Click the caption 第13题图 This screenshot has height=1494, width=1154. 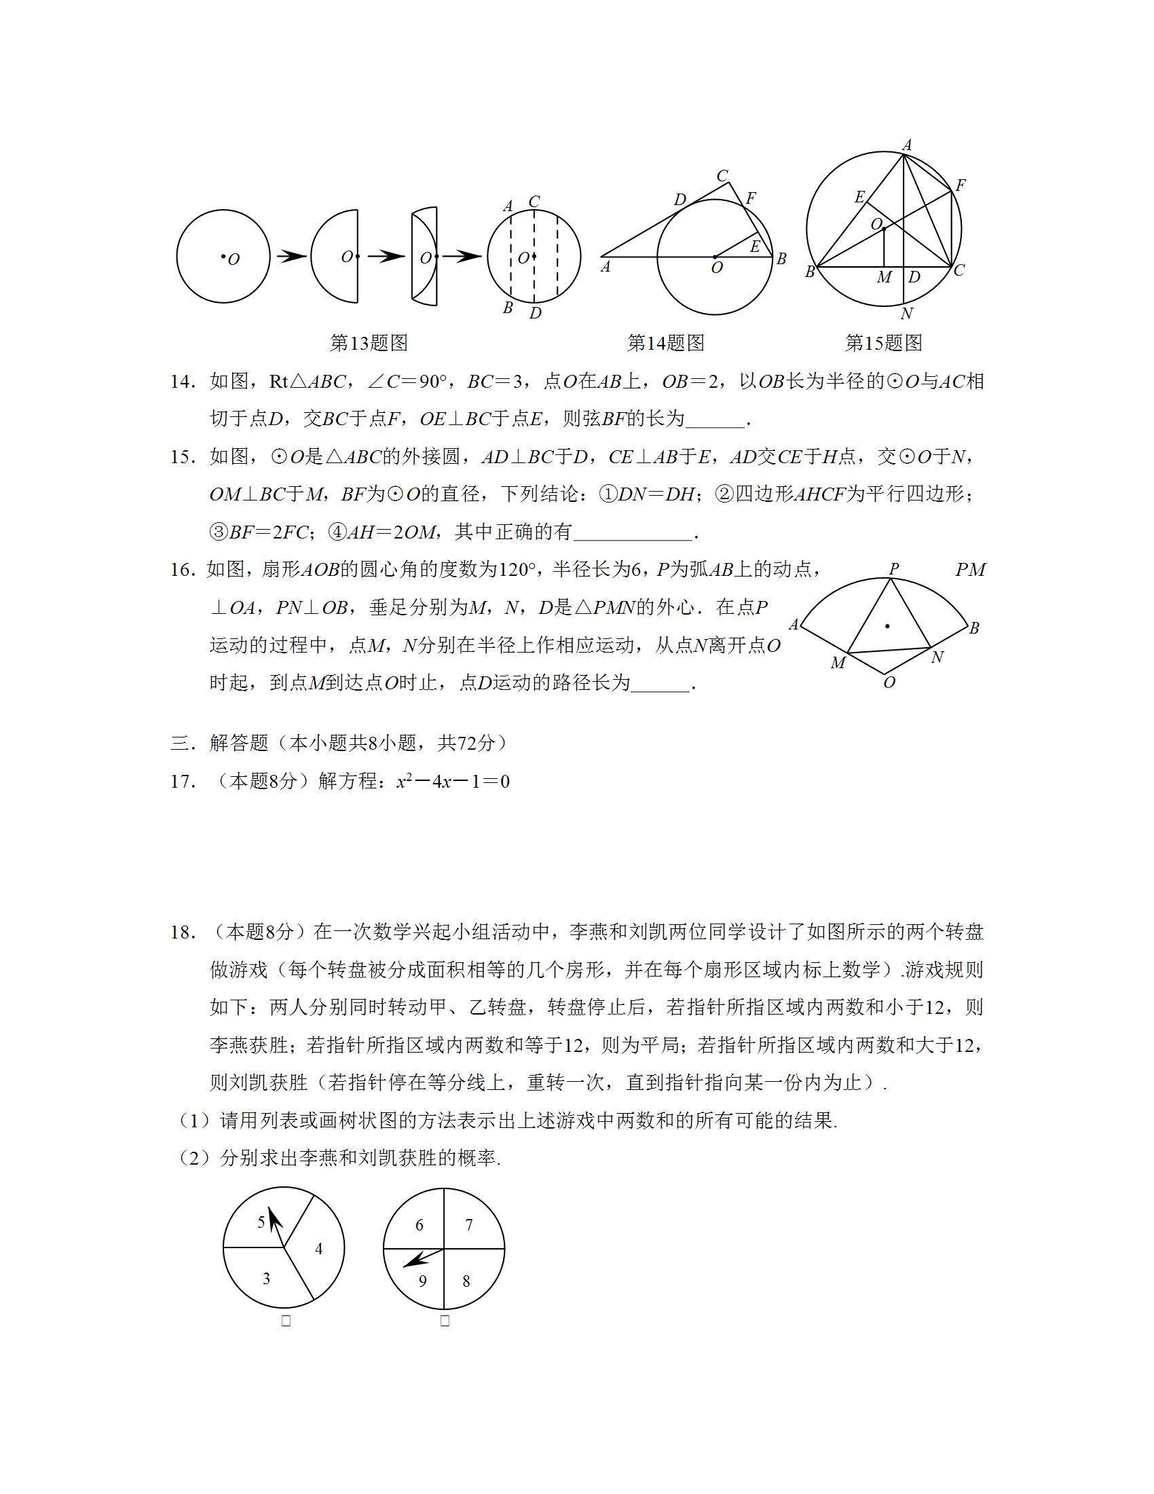[369, 343]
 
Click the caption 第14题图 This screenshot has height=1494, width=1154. [665, 343]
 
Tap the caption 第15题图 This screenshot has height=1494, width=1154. [883, 343]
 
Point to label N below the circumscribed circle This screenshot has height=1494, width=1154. [906, 314]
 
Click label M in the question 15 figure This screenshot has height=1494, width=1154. [884, 277]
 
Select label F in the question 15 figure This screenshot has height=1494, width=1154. [960, 185]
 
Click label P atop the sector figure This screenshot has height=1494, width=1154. [893, 568]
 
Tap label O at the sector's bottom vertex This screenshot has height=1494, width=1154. [889, 682]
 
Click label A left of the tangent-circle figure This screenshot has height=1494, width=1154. [605, 268]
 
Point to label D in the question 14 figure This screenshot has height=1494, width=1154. [680, 200]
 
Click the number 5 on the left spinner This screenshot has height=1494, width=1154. [261, 1222]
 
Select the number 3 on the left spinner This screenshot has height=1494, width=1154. [267, 1278]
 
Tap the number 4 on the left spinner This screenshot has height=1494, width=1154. [318, 1248]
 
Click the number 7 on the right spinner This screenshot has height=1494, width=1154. [469, 1224]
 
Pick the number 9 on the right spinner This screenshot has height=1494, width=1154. [422, 1281]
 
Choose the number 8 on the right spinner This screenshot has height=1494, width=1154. [466, 1281]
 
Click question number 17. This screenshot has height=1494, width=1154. [183, 781]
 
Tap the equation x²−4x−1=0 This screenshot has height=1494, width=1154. [453, 781]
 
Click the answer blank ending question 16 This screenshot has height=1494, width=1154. [660, 683]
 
